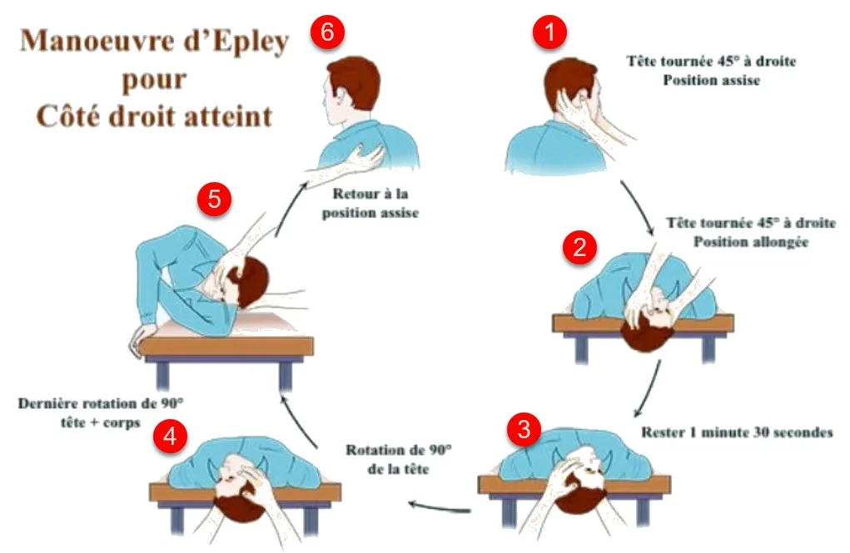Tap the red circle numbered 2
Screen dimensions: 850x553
pyautogui.click(x=579, y=247)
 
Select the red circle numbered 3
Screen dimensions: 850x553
pyautogui.click(x=524, y=429)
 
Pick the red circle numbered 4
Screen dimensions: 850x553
pyautogui.click(x=170, y=436)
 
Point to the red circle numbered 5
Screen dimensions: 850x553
pyautogui.click(x=214, y=199)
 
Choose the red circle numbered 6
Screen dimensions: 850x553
pyautogui.click(x=327, y=32)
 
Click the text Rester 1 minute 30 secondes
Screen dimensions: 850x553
pyautogui.click(x=737, y=432)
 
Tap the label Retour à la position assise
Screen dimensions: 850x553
pyautogui.click(x=370, y=203)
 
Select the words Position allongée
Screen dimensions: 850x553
pyautogui.click(x=751, y=241)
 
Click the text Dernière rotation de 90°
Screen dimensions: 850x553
pyautogui.click(x=101, y=403)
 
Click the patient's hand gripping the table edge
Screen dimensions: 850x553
pyautogui.click(x=143, y=336)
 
